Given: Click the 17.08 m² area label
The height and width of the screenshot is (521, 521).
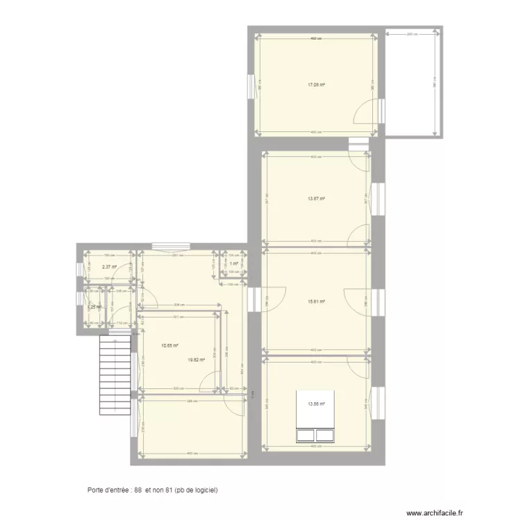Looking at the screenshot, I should coord(317,85).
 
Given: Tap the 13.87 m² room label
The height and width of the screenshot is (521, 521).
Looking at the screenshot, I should coord(317,199).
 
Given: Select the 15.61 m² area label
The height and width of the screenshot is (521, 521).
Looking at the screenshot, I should coord(317,301).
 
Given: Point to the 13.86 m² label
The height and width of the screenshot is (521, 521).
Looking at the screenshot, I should coord(317,404).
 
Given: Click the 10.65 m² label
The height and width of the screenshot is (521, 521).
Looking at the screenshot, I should coord(170,345).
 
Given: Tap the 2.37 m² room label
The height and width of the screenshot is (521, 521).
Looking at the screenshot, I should coord(109,266).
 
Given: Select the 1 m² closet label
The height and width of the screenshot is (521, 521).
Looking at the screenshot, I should coord(235,264).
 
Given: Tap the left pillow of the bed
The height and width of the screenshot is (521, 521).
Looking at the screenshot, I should coord(306,435).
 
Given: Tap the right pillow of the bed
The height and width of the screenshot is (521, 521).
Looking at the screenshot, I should coord(325,435).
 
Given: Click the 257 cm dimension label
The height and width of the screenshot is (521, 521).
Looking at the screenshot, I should coord(176,255).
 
